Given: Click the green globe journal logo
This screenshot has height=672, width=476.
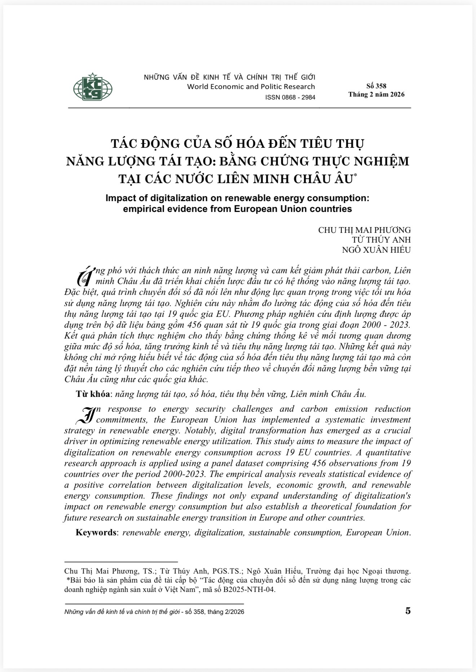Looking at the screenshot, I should click(x=93, y=87).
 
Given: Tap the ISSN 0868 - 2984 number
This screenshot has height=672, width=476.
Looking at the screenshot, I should click(x=290, y=97).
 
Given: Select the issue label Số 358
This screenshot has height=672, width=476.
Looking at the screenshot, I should click(x=376, y=86).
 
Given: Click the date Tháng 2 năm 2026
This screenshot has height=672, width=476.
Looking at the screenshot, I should click(x=376, y=94).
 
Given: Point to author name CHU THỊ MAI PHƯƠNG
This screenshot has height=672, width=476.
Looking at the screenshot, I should click(x=364, y=230).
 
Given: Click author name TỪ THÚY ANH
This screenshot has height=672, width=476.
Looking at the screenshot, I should click(x=381, y=240).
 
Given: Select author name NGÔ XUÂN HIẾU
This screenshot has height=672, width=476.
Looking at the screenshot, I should click(x=376, y=249).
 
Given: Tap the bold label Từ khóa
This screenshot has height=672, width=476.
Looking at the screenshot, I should click(x=93, y=394).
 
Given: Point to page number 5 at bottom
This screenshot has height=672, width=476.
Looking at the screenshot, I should click(x=408, y=611).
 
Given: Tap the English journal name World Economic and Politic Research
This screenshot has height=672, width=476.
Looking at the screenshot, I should click(x=251, y=87).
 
